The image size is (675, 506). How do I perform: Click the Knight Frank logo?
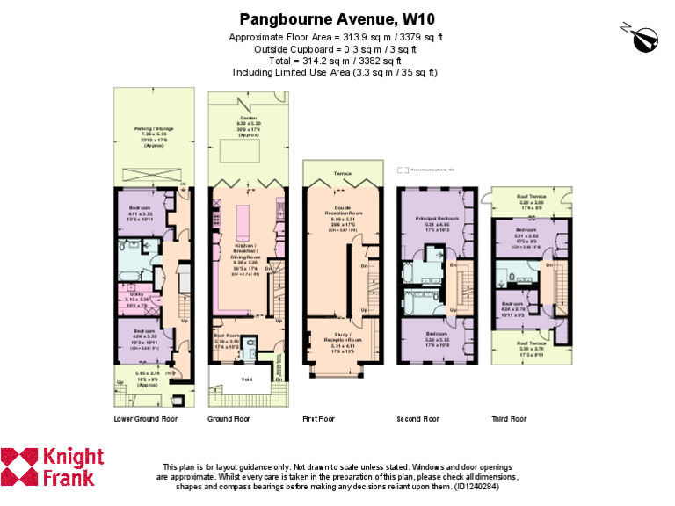click(x=53, y=467)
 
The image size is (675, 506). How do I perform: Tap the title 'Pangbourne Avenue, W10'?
click(x=337, y=18)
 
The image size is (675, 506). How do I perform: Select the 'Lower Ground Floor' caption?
click(x=146, y=419)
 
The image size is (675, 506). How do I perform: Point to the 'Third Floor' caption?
click(x=509, y=419)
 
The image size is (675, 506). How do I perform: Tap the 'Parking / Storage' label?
click(x=150, y=127)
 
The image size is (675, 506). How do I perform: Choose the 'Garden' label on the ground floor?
click(x=249, y=117)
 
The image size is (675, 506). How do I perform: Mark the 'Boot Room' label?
click(x=227, y=335)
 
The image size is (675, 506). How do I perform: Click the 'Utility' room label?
click(x=136, y=294)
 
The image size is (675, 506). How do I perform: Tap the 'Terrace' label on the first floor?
click(x=341, y=174)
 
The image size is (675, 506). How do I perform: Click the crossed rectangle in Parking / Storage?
click(x=150, y=173)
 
